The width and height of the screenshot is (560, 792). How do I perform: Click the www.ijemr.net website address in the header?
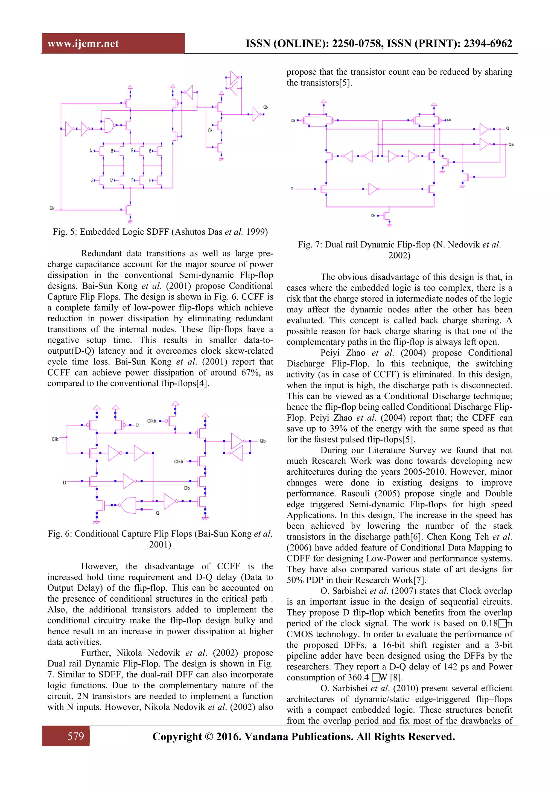[83, 43]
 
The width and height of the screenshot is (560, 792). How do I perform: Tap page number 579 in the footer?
[75, 736]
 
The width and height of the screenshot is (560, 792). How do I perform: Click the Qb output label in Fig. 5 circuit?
[266, 107]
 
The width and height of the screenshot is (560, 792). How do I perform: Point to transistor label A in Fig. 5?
[91, 151]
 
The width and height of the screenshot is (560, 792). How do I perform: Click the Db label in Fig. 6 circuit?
[187, 488]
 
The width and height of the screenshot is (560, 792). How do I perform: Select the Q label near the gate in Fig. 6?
[157, 513]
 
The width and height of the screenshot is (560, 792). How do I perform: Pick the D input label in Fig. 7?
[292, 189]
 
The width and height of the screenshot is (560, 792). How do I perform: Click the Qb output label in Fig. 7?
[511, 144]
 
